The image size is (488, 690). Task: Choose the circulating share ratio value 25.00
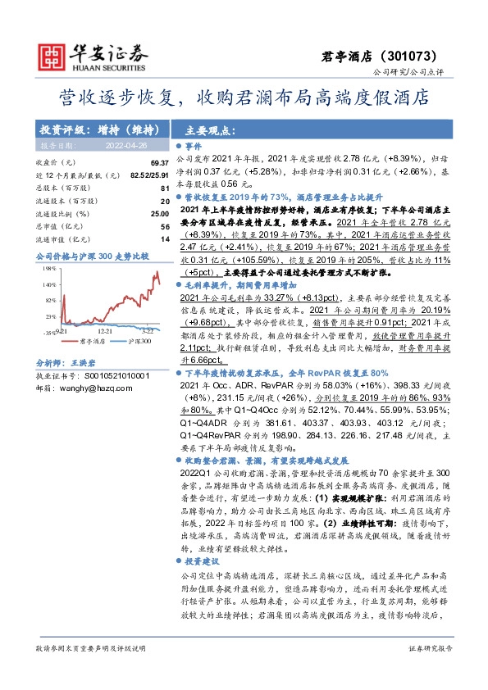click(x=158, y=213)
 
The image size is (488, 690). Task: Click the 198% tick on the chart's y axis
click(x=50, y=267)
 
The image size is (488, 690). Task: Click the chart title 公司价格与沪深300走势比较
click(x=93, y=256)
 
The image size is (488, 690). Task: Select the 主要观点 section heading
click(x=210, y=129)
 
